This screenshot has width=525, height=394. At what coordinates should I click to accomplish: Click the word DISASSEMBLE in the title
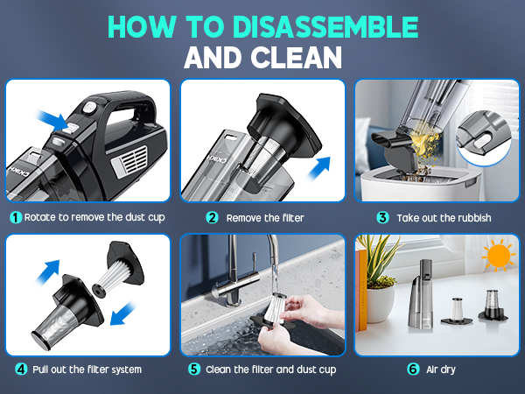(x=325, y=27)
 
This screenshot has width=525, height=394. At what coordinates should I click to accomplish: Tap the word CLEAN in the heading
(x=297, y=57)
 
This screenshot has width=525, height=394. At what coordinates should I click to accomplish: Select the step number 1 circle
(x=16, y=217)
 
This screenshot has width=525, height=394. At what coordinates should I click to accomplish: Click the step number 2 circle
(x=212, y=218)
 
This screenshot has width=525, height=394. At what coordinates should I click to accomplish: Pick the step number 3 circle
(x=382, y=218)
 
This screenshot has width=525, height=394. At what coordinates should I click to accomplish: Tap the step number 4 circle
(x=21, y=369)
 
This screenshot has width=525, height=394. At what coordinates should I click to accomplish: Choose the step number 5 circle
(x=194, y=369)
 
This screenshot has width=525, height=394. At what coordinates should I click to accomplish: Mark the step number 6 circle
(x=413, y=369)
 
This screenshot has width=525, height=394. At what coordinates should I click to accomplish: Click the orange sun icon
(x=498, y=256)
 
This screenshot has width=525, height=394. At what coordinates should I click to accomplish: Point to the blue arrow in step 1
(x=52, y=121)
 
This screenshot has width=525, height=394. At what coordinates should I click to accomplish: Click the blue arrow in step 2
(x=319, y=168)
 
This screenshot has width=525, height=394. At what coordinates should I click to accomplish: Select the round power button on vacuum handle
(x=88, y=108)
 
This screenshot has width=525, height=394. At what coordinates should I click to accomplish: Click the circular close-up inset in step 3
(x=484, y=137)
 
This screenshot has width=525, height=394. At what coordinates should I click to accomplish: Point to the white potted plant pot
(x=381, y=303)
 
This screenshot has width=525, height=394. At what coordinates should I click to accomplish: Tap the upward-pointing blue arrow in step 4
(x=48, y=271)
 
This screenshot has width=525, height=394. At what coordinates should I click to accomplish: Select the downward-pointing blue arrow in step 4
(x=122, y=313)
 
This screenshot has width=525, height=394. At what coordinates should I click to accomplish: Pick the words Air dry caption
(x=441, y=369)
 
